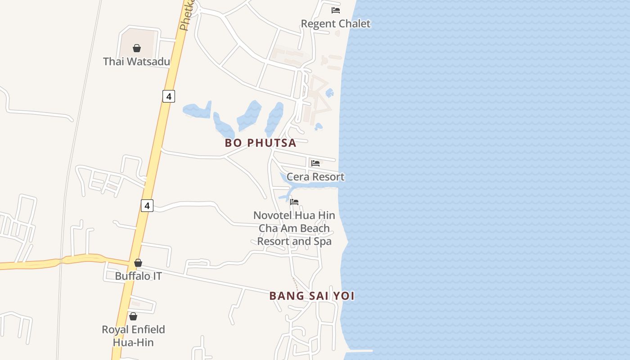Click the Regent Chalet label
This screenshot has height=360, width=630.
point(335,24)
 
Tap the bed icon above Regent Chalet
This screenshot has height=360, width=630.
point(336,10)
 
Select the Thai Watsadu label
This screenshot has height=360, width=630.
point(136,62)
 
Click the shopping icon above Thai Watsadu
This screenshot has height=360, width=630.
point(137,48)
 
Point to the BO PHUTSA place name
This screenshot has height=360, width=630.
point(261,143)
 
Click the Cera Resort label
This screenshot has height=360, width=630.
point(315,177)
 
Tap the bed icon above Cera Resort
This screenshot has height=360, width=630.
point(315,163)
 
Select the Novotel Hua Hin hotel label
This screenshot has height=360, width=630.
point(294,228)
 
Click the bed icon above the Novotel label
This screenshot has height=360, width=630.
point(294,202)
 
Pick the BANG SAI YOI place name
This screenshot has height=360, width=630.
point(312,296)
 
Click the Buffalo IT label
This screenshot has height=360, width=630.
point(138,276)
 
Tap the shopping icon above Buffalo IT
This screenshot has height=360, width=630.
point(138,263)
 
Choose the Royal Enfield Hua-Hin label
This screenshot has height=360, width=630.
point(133,336)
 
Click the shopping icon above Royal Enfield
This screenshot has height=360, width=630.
point(133,316)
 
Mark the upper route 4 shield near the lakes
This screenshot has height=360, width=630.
point(168,96)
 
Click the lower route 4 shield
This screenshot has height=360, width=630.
point(147,206)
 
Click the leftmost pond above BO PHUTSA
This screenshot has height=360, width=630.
point(197,110)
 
